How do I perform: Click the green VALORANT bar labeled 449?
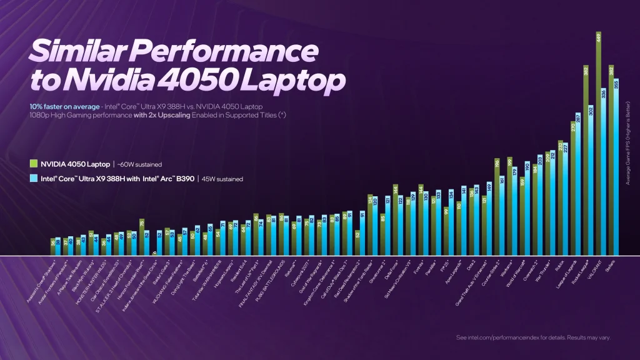(x=598, y=144)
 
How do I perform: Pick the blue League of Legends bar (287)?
(x=579, y=184)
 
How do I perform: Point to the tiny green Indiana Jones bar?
(x=154, y=254)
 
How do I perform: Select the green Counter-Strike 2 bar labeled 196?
(x=497, y=207)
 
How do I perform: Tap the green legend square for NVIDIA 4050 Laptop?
(x=34, y=164)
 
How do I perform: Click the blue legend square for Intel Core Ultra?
(x=34, y=179)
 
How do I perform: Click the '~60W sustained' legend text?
(x=140, y=165)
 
